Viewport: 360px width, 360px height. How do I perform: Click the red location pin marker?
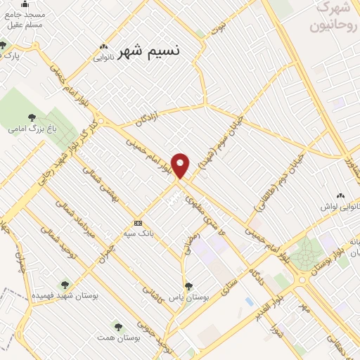[181, 165]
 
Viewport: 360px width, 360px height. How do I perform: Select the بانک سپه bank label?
[139, 231]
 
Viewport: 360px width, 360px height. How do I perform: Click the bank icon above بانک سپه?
[139, 221]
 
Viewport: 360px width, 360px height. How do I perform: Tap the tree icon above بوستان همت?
[118, 327]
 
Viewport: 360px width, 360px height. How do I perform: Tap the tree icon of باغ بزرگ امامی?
[31, 117]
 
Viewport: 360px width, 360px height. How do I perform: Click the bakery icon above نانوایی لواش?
[341, 195]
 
